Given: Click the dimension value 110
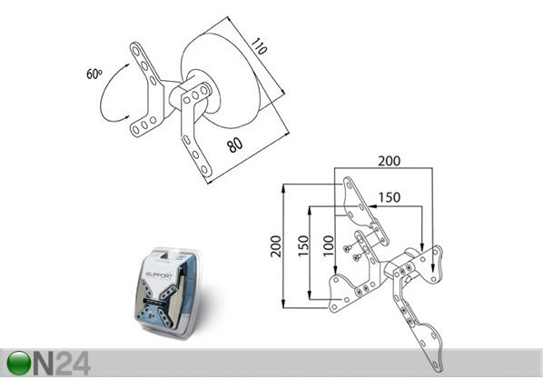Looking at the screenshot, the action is [x=259, y=46].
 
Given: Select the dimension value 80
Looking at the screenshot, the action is [x=235, y=145].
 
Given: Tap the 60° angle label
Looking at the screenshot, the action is [x=94, y=74].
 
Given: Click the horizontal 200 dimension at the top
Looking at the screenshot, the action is [x=389, y=161].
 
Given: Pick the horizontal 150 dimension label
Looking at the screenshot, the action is [x=390, y=197].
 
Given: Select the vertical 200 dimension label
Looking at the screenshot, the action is [x=276, y=246].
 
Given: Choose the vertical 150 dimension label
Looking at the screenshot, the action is [x=303, y=245].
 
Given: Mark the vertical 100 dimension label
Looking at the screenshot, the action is [x=328, y=245].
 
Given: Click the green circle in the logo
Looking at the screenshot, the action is [x=19, y=363].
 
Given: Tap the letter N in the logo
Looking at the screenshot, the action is [x=44, y=364].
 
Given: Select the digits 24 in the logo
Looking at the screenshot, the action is [x=73, y=364].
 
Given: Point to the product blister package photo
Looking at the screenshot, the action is [x=168, y=292].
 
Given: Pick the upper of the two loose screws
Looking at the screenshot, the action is [x=347, y=248].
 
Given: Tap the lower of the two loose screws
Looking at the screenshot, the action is [x=356, y=257].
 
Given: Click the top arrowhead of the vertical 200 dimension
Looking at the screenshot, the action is [x=283, y=187].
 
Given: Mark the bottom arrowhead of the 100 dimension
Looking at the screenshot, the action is [x=335, y=270].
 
